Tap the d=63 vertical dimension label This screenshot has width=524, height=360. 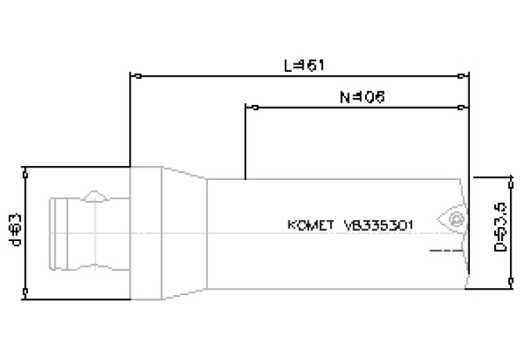point(13,232)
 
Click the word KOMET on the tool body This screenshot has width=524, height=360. point(311,225)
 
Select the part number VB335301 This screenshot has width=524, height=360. point(379,225)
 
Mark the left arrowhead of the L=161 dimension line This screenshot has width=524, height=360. point(135,77)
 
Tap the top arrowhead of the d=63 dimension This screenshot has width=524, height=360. point(27,171)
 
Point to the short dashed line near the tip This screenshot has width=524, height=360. point(443,250)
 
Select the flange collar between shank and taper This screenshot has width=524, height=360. point(145,232)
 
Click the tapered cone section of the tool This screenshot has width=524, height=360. point(184,232)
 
